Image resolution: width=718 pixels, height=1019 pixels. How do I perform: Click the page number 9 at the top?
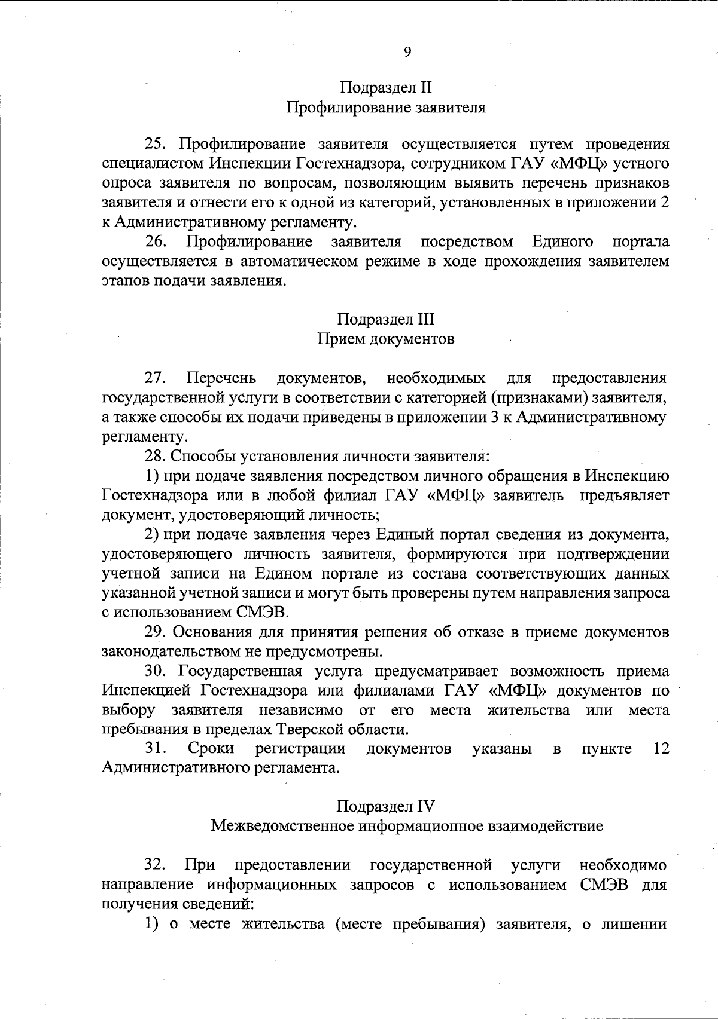coord(407,52)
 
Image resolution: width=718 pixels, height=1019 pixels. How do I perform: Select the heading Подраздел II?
coord(386,88)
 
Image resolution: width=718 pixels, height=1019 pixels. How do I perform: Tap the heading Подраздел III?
coord(386,319)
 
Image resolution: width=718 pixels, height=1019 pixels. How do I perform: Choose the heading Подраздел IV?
coord(386,806)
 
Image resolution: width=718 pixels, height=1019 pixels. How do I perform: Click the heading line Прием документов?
coord(385,339)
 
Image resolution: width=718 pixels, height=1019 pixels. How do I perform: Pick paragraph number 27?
coord(155,378)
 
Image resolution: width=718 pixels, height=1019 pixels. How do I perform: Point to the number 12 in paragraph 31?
coord(661,748)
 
